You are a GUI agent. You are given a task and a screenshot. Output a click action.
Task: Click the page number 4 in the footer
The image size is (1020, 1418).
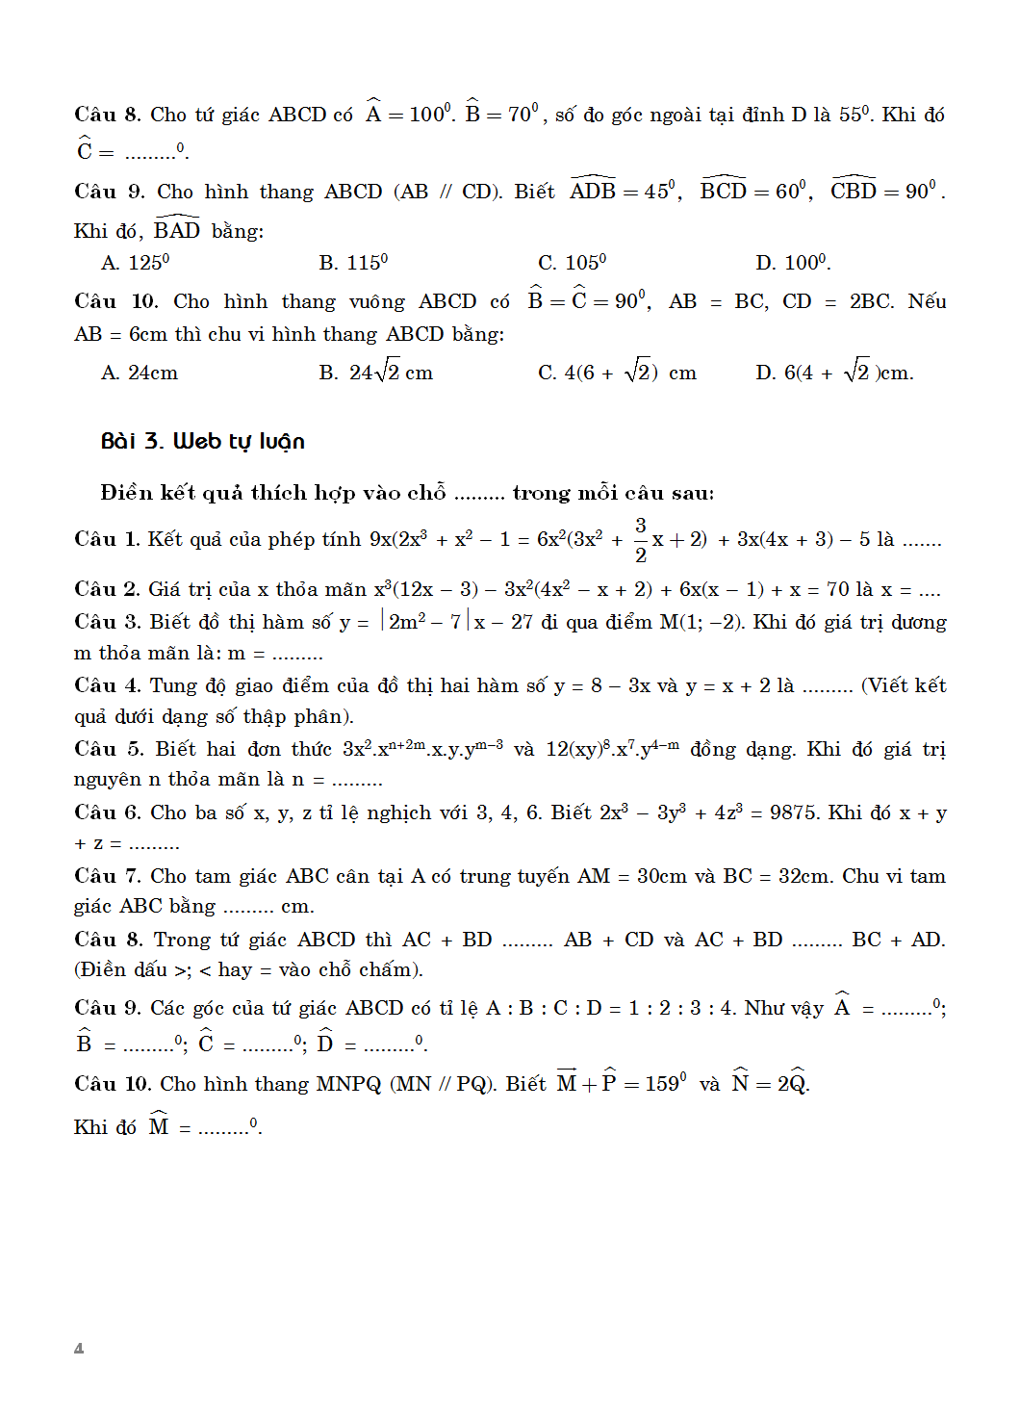79,1349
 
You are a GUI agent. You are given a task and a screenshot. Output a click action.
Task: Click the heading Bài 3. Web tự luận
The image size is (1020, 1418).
202,442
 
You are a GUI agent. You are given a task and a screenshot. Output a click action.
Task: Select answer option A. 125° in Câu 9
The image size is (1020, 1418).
136,263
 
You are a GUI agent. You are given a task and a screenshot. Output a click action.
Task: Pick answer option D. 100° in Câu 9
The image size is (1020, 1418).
793,263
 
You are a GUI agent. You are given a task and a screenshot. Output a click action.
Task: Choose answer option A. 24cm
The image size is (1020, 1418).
140,374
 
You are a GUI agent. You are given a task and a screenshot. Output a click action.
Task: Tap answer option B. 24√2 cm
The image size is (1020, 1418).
376,373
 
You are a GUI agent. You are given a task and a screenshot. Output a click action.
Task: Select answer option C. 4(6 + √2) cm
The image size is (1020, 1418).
617,373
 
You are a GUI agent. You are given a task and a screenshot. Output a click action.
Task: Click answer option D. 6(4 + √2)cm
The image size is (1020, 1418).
834,373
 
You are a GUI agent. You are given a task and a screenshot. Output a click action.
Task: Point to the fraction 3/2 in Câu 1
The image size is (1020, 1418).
641,540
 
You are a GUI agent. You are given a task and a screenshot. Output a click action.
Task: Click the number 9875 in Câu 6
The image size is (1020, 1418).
794,813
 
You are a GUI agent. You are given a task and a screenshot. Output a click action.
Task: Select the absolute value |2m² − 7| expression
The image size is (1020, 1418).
425,623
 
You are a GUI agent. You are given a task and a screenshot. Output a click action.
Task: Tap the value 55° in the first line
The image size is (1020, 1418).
855,116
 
